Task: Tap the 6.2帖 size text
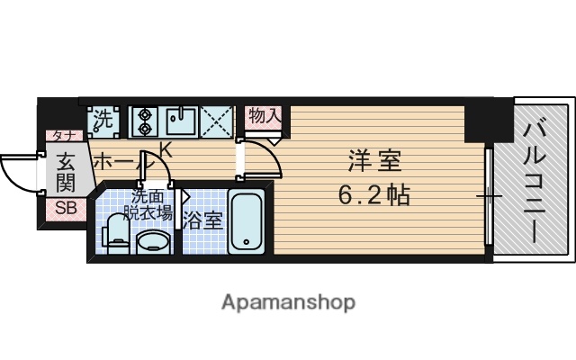click(373, 194)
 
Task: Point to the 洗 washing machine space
click(103, 117)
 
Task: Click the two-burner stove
click(144, 119)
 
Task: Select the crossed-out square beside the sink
click(217, 119)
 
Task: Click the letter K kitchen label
click(166, 149)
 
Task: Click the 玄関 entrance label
click(67, 173)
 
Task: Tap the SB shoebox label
click(66, 209)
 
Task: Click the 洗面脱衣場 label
click(149, 205)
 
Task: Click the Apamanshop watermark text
click(289, 301)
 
